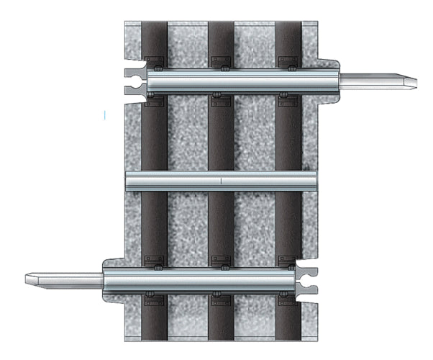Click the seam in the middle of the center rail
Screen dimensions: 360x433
(x=221, y=181)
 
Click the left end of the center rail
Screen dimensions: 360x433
(x=127, y=181)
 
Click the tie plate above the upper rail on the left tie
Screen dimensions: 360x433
(x=154, y=60)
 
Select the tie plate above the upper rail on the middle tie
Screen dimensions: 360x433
(x=222, y=60)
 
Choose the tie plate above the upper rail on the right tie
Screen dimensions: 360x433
(x=289, y=60)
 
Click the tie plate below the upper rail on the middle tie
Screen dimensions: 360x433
(x=222, y=99)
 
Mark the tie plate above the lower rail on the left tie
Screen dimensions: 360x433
(x=154, y=259)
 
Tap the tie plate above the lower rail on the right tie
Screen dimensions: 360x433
(x=289, y=259)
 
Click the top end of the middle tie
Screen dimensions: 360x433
(x=222, y=25)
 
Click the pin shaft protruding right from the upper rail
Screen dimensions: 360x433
(x=374, y=80)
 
